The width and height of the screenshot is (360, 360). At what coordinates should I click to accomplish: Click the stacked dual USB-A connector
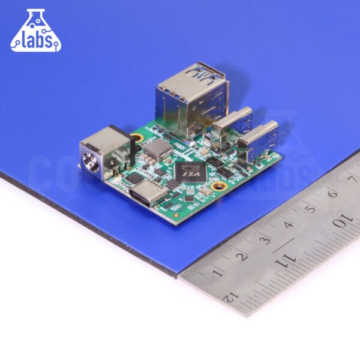(192, 99)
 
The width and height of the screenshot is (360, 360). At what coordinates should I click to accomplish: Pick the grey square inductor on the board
(158, 149)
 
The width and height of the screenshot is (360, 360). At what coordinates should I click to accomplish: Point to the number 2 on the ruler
(242, 256)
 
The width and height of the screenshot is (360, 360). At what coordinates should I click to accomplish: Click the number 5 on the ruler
(310, 209)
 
